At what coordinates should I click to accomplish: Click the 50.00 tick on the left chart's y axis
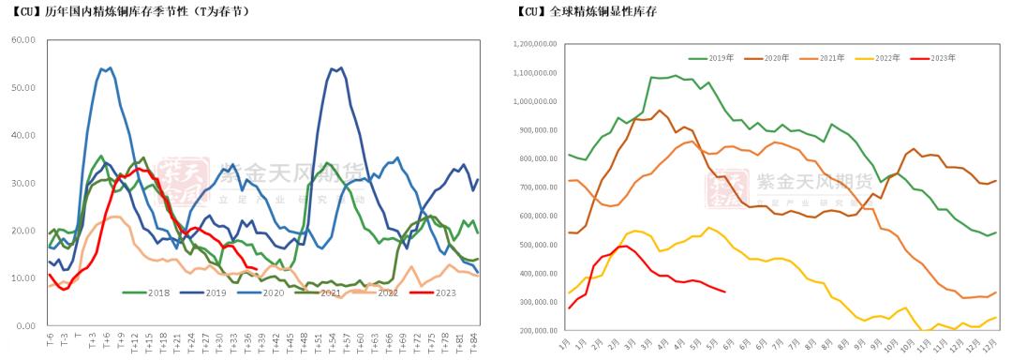click(x=22, y=87)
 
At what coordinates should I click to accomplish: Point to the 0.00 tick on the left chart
click(x=25, y=325)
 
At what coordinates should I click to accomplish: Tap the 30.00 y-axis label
click(x=22, y=183)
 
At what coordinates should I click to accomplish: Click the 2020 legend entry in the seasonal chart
click(x=273, y=292)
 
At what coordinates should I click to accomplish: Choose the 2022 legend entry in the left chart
click(x=388, y=292)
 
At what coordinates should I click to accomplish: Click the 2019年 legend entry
click(x=720, y=58)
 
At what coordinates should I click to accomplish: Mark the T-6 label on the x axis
click(x=50, y=341)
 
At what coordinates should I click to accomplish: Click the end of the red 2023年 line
click(x=724, y=292)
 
